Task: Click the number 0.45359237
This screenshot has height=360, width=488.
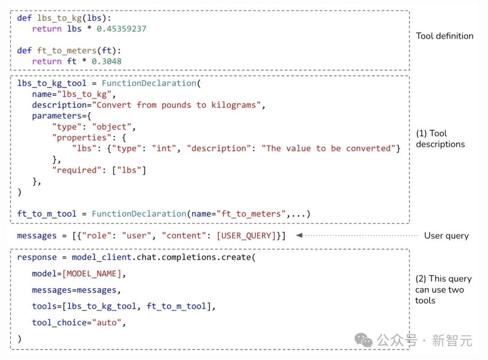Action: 122,29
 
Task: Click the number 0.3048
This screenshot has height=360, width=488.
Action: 107,61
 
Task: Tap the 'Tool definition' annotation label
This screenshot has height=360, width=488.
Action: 445,36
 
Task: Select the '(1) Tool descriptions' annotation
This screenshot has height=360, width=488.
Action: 441,139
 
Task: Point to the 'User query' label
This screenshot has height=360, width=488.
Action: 446,236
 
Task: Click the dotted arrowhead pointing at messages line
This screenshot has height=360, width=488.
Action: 299,235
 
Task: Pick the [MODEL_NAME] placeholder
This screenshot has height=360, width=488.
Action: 91,274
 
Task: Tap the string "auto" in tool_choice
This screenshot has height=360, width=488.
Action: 107,323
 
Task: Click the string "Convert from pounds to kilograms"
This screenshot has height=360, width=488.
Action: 177,105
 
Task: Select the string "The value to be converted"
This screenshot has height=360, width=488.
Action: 328,149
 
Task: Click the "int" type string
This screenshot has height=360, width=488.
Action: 164,149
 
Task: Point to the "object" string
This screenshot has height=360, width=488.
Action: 112,127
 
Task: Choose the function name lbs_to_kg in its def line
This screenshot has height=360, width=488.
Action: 60,19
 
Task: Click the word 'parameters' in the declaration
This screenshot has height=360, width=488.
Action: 56,116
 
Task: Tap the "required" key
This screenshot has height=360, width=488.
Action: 76,170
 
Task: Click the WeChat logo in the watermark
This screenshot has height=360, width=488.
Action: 363,340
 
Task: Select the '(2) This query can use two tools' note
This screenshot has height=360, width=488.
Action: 443,290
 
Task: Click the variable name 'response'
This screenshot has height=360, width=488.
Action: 37,257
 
